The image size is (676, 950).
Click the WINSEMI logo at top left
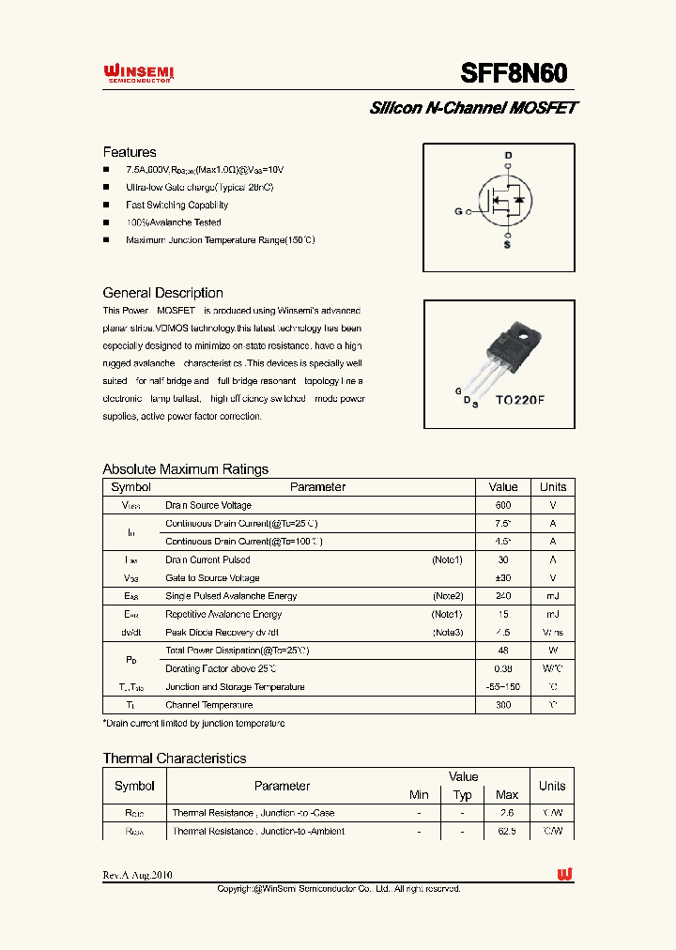138,74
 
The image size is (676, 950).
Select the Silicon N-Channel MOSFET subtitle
472,108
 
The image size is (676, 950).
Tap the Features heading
130,152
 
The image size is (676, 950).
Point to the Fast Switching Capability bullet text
177,205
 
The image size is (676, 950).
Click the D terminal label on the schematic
508,155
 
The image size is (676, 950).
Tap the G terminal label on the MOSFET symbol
458,212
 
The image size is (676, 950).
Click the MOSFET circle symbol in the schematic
505,199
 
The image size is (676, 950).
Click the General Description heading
162,293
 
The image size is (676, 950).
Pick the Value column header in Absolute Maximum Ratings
503,487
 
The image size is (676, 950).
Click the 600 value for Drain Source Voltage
503,505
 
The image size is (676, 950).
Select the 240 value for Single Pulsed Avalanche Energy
503,596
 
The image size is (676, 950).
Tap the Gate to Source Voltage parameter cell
212,578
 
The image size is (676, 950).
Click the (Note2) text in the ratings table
448,596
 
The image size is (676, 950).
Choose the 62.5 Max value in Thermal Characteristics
506,831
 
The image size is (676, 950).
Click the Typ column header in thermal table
463,795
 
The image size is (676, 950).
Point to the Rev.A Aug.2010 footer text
137,875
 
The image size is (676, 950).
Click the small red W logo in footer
564,874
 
